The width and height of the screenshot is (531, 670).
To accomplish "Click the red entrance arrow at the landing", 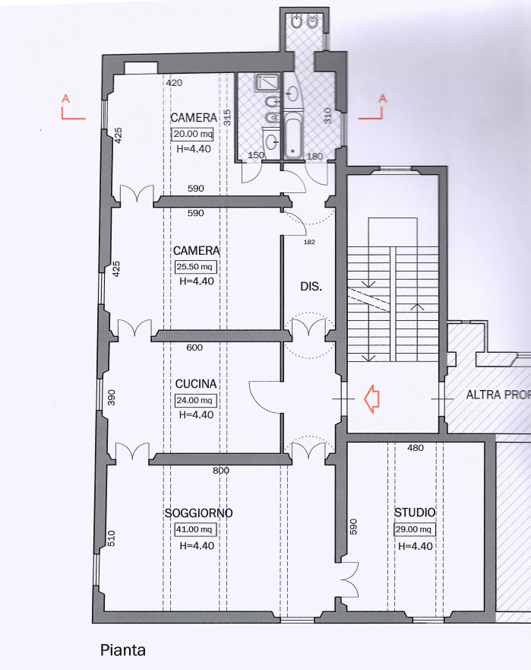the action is [x=371, y=399].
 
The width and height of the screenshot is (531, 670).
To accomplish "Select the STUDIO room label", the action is [x=415, y=513].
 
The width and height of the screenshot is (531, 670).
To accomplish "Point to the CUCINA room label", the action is [x=196, y=384].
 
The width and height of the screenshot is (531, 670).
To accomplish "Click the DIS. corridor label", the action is [x=311, y=286].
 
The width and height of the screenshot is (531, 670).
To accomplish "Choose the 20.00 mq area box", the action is [x=192, y=134].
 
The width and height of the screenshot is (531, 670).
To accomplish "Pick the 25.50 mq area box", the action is [x=196, y=267].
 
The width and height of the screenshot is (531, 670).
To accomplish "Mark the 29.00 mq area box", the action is [x=415, y=529].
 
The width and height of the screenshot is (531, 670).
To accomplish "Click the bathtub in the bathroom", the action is [x=292, y=135].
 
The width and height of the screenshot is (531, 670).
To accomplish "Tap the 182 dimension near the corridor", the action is [x=309, y=242].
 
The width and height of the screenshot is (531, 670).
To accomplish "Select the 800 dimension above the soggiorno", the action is [x=221, y=471].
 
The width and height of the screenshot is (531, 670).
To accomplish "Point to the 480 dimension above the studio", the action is [x=416, y=448].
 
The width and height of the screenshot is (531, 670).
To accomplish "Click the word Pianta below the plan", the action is [x=123, y=650].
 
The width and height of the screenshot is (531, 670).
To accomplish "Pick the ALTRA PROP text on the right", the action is [x=498, y=395].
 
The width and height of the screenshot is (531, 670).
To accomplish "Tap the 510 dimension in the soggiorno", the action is [x=112, y=538].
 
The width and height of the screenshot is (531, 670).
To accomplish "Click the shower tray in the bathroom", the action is [x=268, y=82].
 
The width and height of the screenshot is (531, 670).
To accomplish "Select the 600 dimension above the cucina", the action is [x=194, y=348].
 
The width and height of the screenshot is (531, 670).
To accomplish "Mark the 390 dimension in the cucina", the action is [x=111, y=398].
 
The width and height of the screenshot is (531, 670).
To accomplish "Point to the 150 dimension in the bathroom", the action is [x=256, y=155].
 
